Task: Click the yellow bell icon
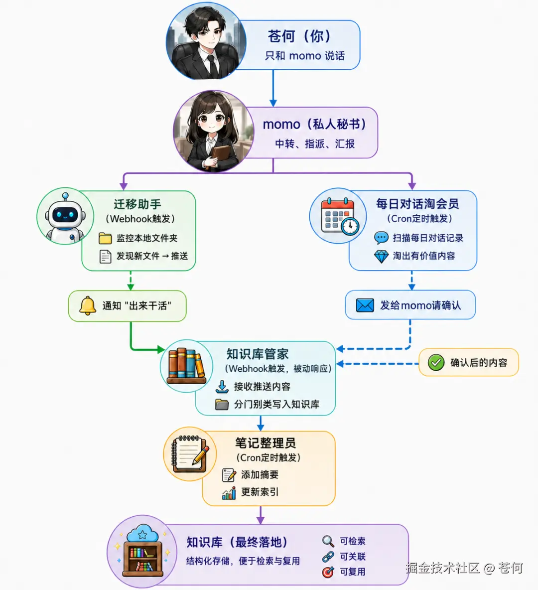point(88,305)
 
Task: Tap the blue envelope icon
point(365,305)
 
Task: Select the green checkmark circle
point(436,362)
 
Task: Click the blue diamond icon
point(381,257)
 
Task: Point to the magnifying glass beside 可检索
point(328,541)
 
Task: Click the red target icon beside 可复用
point(328,572)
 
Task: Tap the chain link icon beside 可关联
point(328,557)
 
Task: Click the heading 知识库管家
point(258,354)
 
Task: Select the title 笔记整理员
point(266,443)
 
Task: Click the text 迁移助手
point(137,204)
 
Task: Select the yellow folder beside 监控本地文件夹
point(105,238)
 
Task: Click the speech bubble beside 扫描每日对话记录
point(381,238)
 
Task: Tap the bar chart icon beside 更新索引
point(229,492)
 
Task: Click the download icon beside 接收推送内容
point(222,386)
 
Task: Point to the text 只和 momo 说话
point(305,56)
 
